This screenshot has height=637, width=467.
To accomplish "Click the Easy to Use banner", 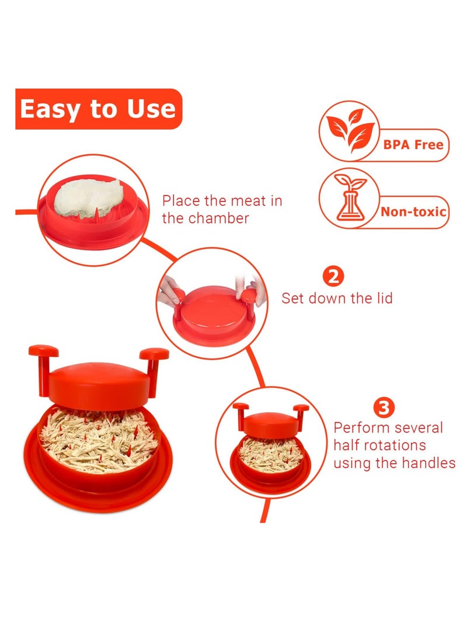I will pos(98,109).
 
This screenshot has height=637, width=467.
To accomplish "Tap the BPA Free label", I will pos(414,145).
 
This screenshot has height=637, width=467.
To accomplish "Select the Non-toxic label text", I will pos(413,211).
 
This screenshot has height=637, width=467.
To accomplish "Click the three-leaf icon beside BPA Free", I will pos(348,131).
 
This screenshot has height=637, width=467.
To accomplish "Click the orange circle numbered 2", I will pos(333,276).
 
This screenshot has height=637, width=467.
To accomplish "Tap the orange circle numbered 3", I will pos(384,407).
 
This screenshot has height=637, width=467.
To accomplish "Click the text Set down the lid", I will pos(337,298).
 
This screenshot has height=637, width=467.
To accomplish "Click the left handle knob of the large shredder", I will pos(44,351).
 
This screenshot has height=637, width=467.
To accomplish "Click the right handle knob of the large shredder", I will pos(154,354).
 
